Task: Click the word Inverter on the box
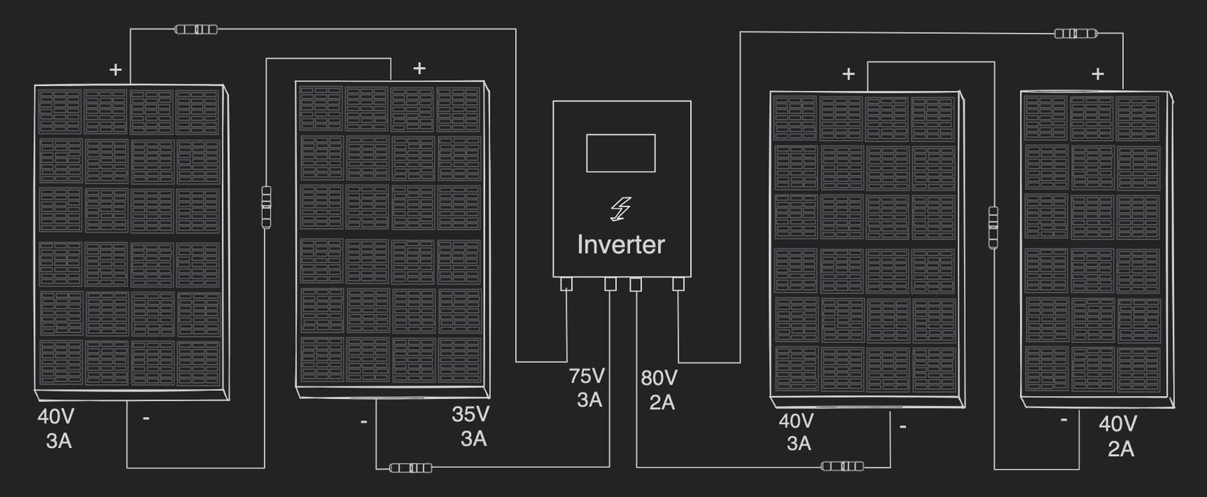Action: tap(620, 244)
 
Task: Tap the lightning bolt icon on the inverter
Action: tap(620, 210)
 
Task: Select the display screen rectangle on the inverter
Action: tap(620, 153)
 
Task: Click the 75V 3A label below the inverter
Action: tap(587, 388)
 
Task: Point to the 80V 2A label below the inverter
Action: tap(659, 390)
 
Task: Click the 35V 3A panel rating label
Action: tap(471, 426)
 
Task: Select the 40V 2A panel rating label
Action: tap(1118, 436)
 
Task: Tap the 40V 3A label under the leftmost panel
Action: tap(57, 428)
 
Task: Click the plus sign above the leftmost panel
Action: tap(115, 70)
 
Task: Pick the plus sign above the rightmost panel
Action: tap(1098, 74)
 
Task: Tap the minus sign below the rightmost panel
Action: tap(1064, 420)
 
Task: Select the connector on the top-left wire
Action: tap(196, 29)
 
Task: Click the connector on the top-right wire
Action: tap(1075, 33)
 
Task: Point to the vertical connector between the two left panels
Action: tap(266, 207)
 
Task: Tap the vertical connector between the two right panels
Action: tap(994, 227)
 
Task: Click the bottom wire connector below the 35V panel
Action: tap(411, 468)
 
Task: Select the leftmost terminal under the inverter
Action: tap(567, 284)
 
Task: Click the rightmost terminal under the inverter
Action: tap(678, 284)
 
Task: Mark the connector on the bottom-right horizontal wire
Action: tap(842, 466)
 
